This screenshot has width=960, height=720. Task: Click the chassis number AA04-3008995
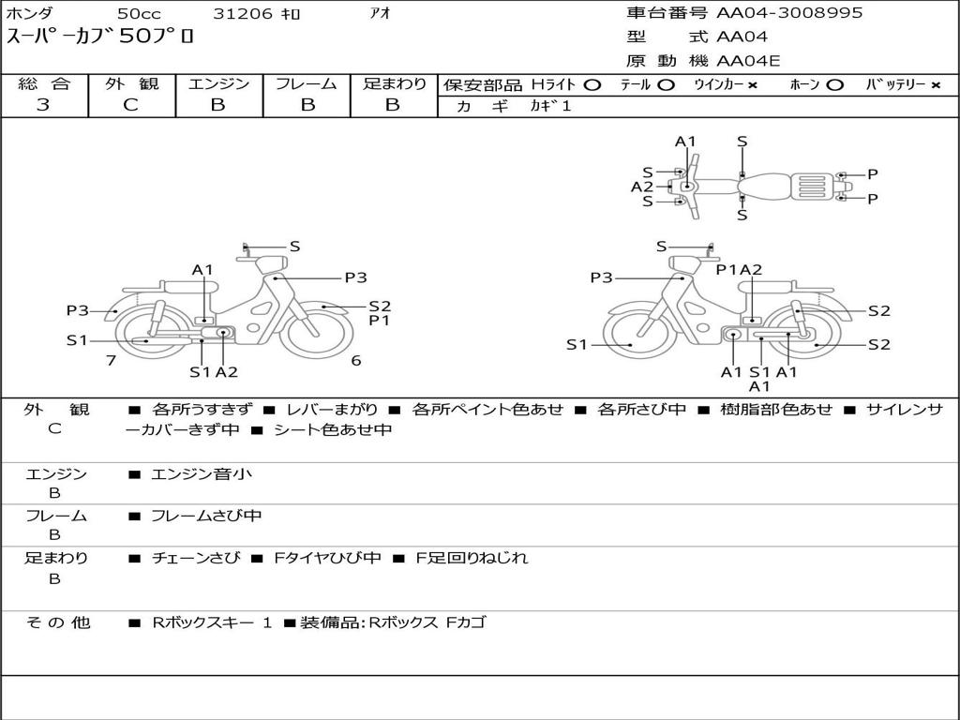(x=789, y=13)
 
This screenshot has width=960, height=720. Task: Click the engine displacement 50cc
(x=139, y=13)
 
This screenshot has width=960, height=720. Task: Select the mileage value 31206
(x=243, y=13)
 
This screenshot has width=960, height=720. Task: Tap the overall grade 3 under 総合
(x=43, y=105)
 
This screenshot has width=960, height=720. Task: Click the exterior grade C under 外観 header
(x=130, y=105)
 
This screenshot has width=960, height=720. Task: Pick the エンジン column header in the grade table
(x=218, y=83)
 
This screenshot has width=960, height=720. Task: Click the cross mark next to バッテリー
(x=936, y=85)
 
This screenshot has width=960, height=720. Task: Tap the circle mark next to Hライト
(x=592, y=85)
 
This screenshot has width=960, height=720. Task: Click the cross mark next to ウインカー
(x=753, y=85)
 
